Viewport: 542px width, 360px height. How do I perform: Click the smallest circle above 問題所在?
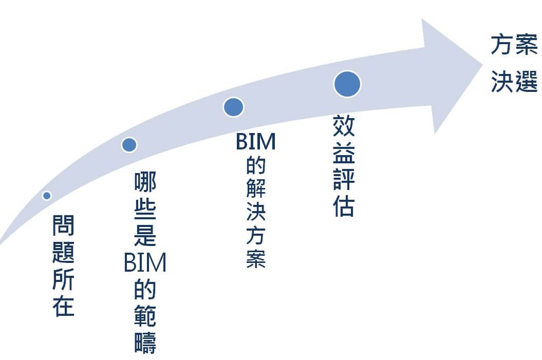pos(47,195)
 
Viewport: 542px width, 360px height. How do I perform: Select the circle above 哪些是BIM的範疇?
pos(129,145)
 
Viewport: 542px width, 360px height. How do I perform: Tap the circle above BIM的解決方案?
pos(233,107)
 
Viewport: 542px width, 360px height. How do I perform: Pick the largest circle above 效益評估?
pos(347,84)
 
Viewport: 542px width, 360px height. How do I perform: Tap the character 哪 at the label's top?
pos(145,183)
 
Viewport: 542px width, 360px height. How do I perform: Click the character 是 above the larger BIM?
pos(145,236)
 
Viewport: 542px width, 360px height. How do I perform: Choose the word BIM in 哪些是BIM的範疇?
pos(145,263)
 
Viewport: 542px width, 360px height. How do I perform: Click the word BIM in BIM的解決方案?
pos(256,142)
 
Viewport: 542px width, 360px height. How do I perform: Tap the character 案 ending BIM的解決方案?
pos(256,259)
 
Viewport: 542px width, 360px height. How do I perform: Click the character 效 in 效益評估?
pos(344,126)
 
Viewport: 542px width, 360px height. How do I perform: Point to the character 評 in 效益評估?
pos(344,179)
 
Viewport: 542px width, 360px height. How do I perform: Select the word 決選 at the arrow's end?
pos(514,82)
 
